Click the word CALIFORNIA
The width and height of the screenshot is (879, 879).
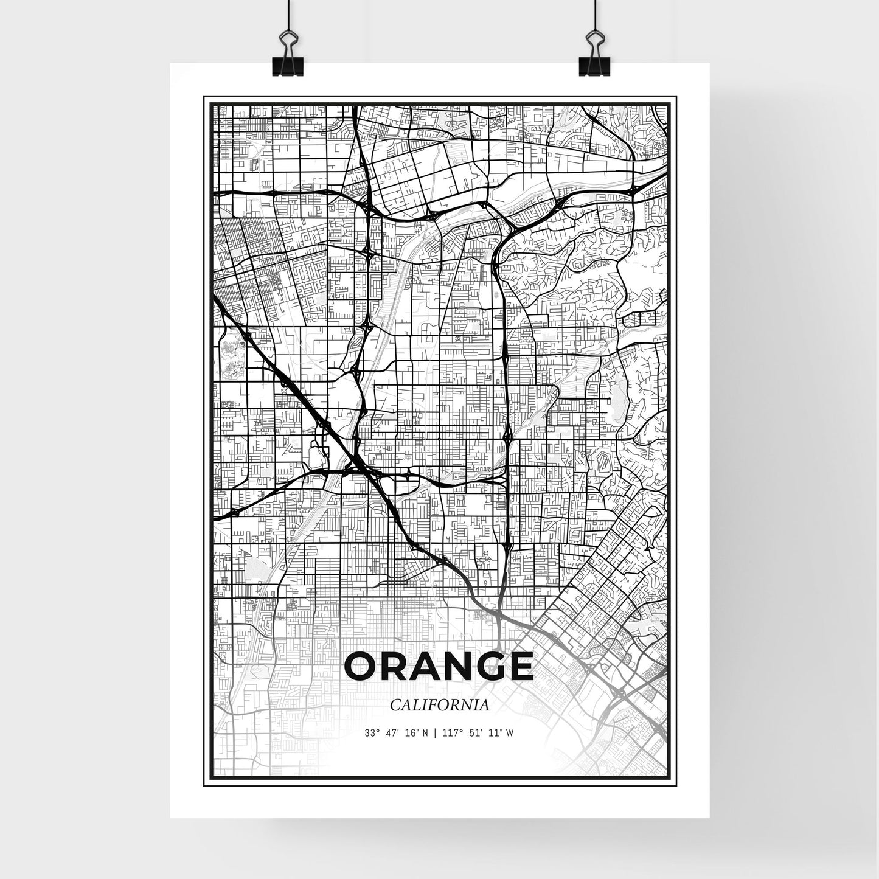[440, 705]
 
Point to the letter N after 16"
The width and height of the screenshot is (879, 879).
[425, 733]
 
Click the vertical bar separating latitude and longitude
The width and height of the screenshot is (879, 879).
[434, 733]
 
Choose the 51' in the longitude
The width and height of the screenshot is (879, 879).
[476, 733]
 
